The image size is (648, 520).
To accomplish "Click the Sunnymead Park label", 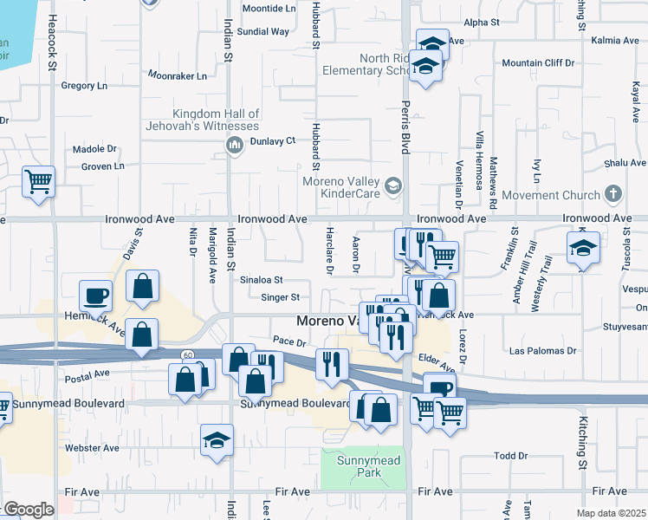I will coord(370,467).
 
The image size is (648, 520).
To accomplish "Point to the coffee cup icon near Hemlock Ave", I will coord(95,296).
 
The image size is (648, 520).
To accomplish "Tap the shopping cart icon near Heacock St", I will coord(38,182).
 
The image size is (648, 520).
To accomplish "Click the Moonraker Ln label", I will coord(178,76).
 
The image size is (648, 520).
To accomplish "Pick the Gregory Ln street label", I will coord(84,86).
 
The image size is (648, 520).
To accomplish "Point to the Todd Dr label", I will coord(510,456).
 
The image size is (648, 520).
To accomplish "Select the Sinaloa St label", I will coord(262,280).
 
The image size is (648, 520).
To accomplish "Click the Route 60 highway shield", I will coord(187,355).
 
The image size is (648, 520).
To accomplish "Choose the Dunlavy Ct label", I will coord(273,140).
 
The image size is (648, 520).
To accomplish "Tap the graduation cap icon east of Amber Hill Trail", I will coord(584,249).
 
